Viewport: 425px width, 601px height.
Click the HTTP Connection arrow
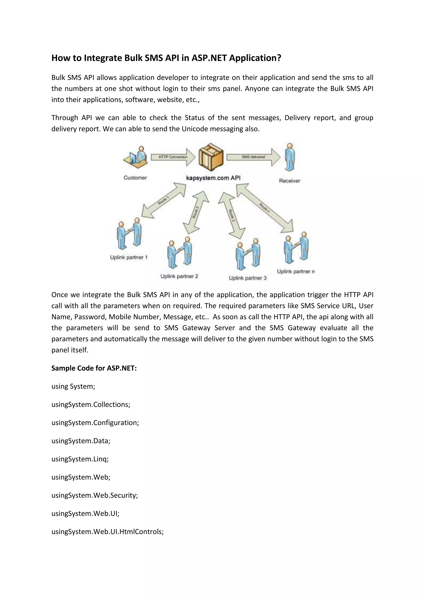173,157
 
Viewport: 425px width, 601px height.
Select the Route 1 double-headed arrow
164,200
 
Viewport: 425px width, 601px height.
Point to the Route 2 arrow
196,212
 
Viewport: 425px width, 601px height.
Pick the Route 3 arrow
232,215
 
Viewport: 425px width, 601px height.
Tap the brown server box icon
211,157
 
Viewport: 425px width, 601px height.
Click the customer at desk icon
136,158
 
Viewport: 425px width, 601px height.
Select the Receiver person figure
290,157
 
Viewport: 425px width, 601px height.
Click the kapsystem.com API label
213,178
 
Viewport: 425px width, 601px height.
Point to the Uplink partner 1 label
129,257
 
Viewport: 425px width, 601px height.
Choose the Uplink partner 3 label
248,278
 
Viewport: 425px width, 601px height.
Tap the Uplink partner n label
296,271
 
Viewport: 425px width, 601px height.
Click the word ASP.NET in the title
209,58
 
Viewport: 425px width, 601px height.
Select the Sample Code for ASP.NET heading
94,368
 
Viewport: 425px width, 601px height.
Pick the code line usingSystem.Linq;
80,459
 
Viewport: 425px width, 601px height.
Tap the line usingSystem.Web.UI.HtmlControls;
107,532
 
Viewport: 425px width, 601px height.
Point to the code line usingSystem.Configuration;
95,423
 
